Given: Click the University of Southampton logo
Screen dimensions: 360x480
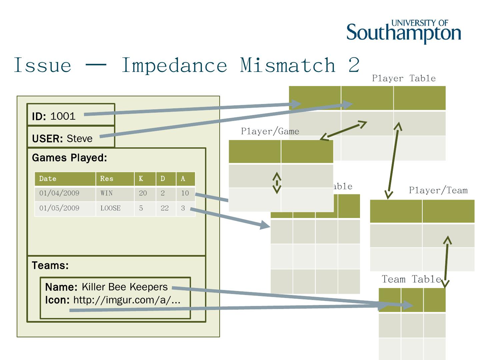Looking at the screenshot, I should (x=404, y=31).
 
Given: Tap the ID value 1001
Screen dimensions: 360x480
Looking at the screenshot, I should (x=63, y=116).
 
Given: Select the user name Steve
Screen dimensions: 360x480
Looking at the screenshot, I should (x=80, y=138).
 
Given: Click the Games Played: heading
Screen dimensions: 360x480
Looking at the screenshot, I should (x=69, y=158).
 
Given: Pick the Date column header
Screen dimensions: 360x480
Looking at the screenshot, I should (x=48, y=179).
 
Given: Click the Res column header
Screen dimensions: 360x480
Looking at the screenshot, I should (x=107, y=179).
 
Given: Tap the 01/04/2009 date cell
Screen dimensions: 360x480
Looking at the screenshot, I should (x=59, y=193).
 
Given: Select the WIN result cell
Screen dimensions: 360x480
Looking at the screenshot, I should (x=107, y=193).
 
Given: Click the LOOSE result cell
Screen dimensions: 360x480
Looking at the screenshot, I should (x=110, y=208).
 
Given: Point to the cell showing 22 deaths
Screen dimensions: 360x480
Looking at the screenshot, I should (x=165, y=208).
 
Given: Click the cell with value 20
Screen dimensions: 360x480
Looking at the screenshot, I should (x=143, y=193).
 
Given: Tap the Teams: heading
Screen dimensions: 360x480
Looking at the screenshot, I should (x=50, y=266).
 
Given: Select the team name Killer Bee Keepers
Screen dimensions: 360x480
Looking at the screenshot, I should (x=124, y=287).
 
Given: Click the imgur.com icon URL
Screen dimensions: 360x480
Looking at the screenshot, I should (x=127, y=300).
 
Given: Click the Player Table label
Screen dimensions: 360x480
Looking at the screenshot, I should (x=404, y=78).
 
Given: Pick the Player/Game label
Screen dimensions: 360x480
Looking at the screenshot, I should (x=270, y=131).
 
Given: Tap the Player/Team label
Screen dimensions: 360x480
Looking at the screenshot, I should (x=438, y=190).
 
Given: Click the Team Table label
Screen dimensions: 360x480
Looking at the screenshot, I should (x=411, y=279).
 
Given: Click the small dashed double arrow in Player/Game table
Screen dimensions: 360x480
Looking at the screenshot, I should (x=277, y=183).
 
